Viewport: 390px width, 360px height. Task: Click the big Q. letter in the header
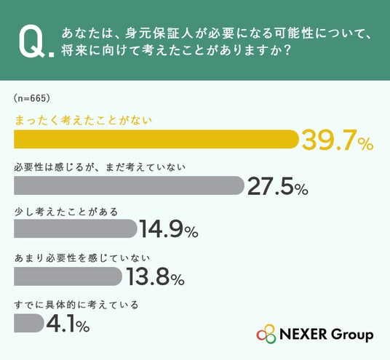(x=36, y=43)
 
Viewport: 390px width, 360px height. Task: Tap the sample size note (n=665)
(x=32, y=98)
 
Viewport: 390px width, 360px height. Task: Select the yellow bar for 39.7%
(x=156, y=139)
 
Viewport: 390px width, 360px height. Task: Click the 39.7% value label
(x=338, y=140)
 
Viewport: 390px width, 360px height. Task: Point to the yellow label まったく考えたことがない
(x=84, y=120)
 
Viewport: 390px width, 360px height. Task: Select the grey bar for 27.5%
(x=129, y=185)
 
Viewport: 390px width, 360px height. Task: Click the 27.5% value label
(x=278, y=186)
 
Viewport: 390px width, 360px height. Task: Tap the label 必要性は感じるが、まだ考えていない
(x=100, y=167)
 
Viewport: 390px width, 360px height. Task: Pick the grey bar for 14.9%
(x=76, y=228)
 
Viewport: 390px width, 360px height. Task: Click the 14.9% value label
(x=169, y=229)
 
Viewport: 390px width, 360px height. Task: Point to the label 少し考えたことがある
(x=66, y=212)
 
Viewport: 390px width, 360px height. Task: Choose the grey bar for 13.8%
(x=68, y=276)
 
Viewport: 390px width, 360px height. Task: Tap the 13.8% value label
(x=156, y=276)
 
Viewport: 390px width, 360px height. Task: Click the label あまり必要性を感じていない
(x=82, y=258)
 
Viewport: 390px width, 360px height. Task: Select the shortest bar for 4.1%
(x=29, y=323)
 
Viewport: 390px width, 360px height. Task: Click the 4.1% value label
(x=68, y=324)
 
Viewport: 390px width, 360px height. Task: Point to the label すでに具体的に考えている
(x=76, y=305)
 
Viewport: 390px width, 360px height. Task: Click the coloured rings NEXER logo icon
(x=266, y=334)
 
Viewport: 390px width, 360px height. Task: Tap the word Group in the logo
(x=352, y=335)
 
